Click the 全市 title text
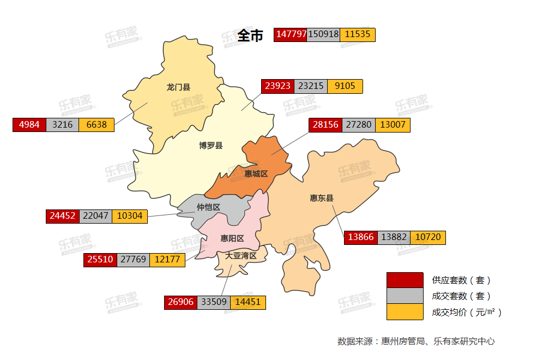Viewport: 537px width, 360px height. click(250, 35)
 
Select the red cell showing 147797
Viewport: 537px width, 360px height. click(291, 34)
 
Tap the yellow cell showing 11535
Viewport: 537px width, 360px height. click(358, 34)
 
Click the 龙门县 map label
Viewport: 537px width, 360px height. click(178, 87)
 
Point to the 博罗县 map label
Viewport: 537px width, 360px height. click(210, 145)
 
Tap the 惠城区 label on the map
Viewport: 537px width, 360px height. click(256, 173)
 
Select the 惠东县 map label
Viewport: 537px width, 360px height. click(322, 198)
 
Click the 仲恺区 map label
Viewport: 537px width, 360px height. click(208, 207)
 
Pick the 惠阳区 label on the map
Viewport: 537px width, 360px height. click(232, 238)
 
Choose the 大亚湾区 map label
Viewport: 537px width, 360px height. click(242, 255)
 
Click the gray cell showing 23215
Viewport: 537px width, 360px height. click(311, 86)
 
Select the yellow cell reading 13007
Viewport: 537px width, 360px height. click(393, 124)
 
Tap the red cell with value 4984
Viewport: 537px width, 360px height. click(29, 124)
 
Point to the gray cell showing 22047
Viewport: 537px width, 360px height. click(95, 216)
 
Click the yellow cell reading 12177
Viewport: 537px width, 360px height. click(167, 260)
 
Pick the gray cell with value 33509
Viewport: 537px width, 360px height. click(214, 302)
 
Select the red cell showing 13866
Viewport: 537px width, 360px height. click(361, 237)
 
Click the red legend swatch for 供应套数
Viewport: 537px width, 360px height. click(405, 280)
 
